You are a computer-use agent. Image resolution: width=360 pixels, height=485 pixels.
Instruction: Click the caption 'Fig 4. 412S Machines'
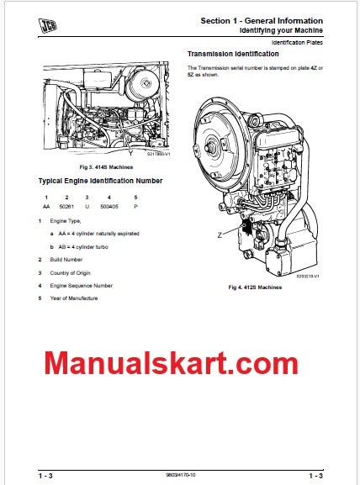coord(255,287)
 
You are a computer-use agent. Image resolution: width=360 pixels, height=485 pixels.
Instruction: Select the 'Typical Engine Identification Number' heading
coord(101,181)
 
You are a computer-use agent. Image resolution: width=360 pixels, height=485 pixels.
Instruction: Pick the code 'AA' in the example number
coord(45,206)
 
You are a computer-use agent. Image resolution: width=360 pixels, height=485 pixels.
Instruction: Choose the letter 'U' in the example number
coord(87,206)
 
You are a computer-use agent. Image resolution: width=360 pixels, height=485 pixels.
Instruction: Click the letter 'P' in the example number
coord(135,206)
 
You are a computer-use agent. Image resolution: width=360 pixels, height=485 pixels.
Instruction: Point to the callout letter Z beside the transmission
coord(220,236)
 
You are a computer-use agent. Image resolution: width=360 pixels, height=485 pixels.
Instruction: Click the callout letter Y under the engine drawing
coord(130,153)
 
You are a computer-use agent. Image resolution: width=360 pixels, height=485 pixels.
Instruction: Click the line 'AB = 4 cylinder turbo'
coord(87,246)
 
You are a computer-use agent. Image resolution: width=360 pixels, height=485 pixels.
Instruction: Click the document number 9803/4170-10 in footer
coord(179,475)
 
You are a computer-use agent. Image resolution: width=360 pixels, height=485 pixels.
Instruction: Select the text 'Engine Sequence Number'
coord(80,285)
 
